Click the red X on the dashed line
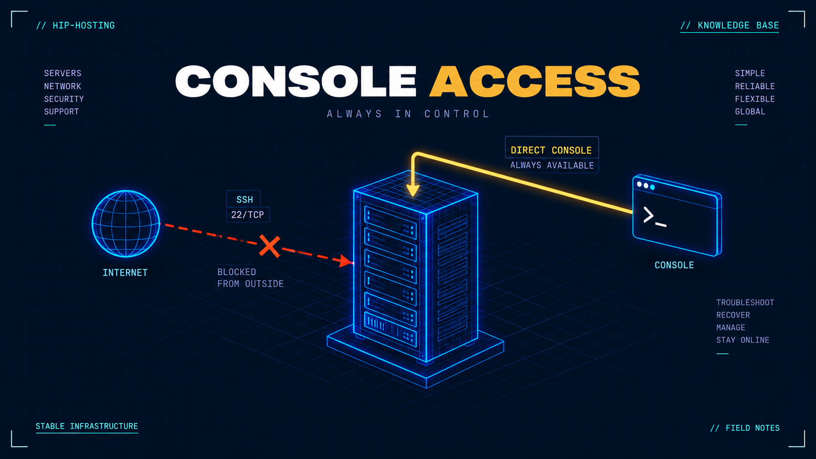269,246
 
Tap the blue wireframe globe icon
126,223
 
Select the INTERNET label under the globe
125,273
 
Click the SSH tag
245,200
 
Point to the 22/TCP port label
248,215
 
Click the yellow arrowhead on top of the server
413,190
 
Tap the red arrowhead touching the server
346,261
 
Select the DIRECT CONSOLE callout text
551,150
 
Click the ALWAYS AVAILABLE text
552,165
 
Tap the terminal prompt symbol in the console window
654,217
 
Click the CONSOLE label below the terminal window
674,265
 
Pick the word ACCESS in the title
534,81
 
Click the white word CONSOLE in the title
295,81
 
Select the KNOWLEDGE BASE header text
738,25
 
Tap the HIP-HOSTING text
83,25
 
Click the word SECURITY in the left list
64,99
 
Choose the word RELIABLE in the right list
755,86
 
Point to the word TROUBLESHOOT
745,302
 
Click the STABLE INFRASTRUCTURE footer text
87,426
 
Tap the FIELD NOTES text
753,428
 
